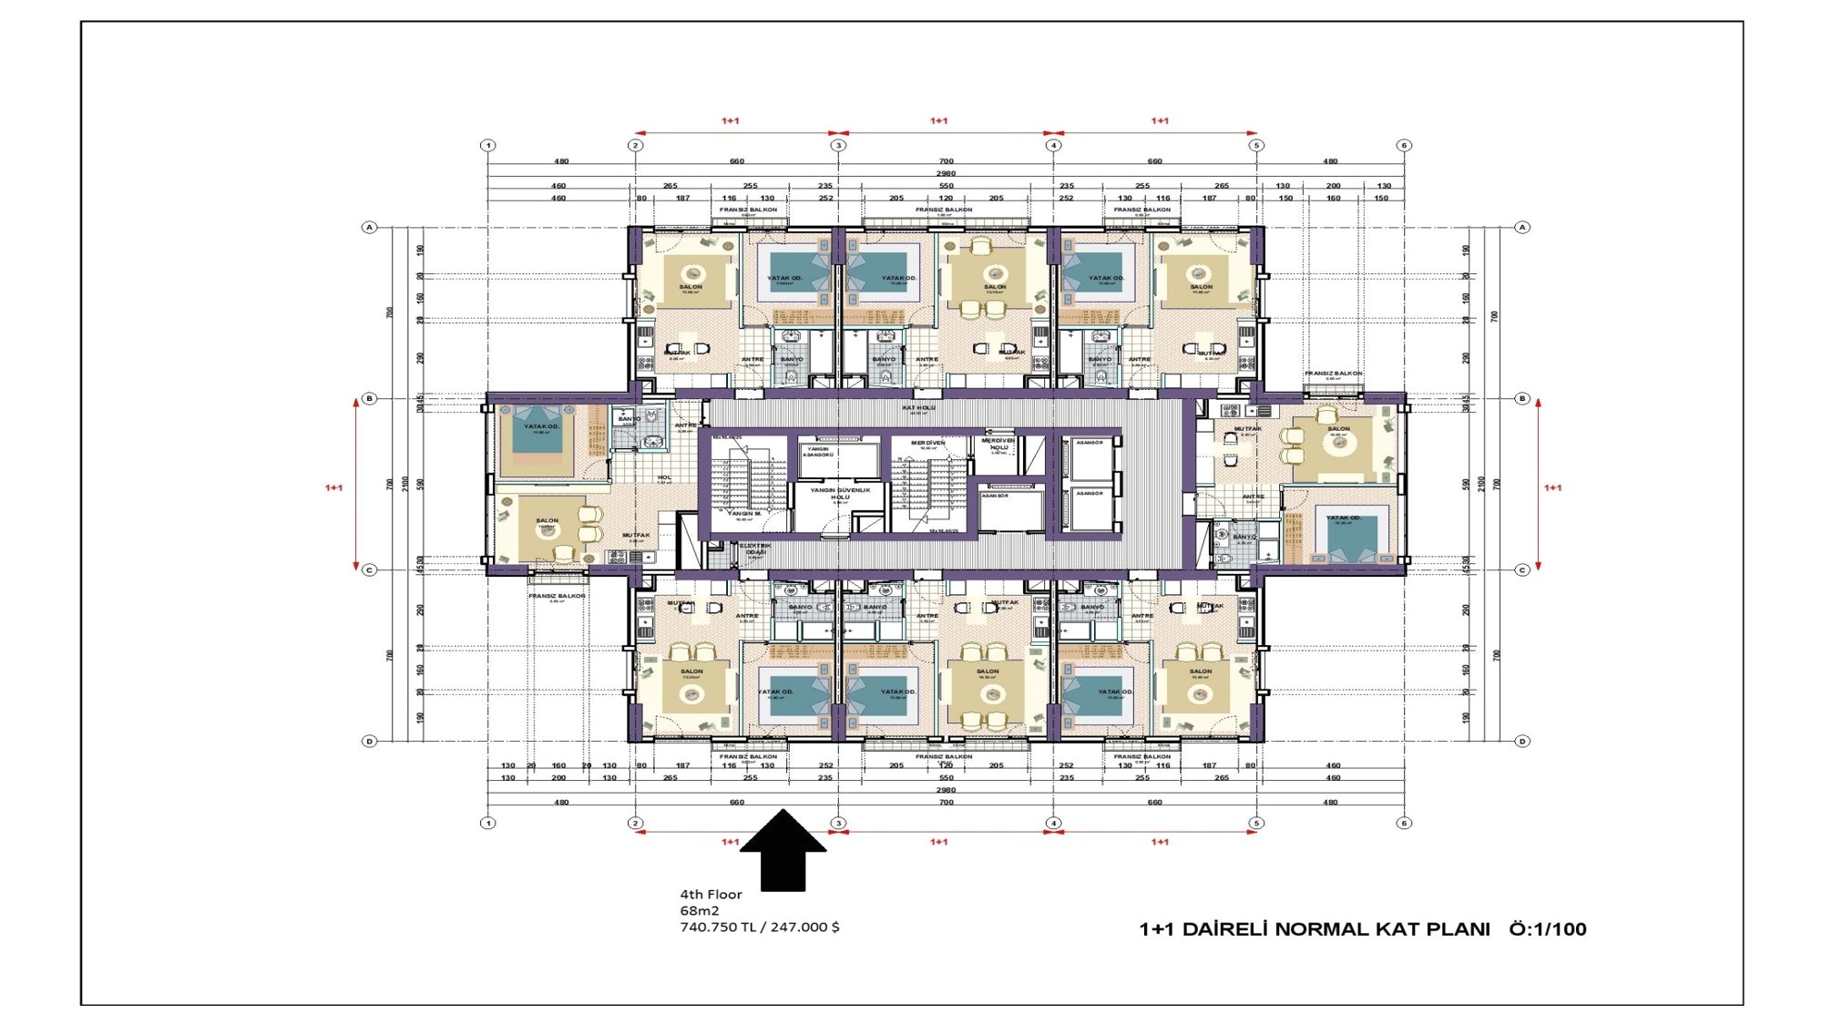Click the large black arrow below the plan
click(x=783, y=852)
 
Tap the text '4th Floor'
click(x=711, y=895)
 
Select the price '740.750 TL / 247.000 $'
click(x=760, y=928)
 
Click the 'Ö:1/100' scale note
click(x=1547, y=929)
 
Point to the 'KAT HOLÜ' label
click(x=918, y=408)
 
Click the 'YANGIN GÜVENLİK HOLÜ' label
click(x=840, y=493)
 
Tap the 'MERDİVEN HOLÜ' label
click(x=998, y=444)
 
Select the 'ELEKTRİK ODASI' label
click(x=755, y=549)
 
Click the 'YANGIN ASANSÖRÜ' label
click(x=817, y=451)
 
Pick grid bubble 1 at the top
click(x=488, y=146)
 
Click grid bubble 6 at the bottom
click(x=1404, y=823)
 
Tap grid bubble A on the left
click(x=369, y=227)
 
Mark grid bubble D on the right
click(x=1522, y=741)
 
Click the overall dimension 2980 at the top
click(x=946, y=173)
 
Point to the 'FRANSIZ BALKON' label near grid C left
click(x=557, y=596)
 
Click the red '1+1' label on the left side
click(x=333, y=488)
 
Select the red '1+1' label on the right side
click(x=1552, y=488)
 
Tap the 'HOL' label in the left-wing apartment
click(x=664, y=477)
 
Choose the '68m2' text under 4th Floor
click(x=699, y=911)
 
